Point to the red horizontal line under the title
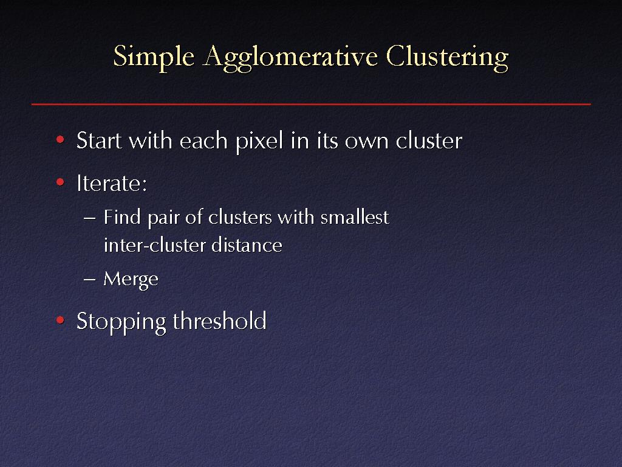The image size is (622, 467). coord(311,104)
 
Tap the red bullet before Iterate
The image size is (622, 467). coord(60,182)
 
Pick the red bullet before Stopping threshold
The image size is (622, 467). coord(60,320)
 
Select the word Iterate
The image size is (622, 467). coord(112,183)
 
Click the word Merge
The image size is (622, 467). coord(131,279)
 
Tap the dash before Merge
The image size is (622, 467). coord(90,279)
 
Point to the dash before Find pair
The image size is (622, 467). coord(90,218)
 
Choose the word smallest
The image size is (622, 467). coord(355,217)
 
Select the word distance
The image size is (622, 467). coord(247,244)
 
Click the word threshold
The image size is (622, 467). coord(219,320)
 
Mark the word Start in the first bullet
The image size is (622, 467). coord(99,140)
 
